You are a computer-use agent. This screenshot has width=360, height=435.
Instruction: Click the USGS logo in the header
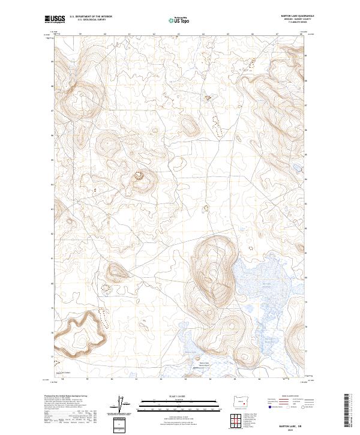coord(55,20)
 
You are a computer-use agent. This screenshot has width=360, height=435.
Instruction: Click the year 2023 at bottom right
coord(291,428)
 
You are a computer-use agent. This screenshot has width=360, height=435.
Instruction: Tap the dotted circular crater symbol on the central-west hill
coord(141,176)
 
